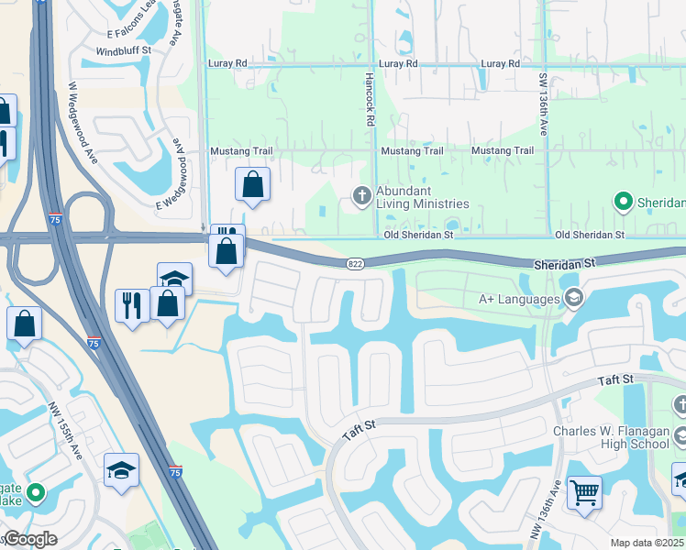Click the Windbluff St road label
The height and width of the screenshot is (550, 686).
coord(123,51)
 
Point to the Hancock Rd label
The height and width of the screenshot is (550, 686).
coord(370,100)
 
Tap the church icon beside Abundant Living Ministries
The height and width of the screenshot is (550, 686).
coord(361,194)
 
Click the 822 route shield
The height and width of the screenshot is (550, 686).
coord(355,264)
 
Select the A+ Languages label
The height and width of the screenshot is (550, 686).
coord(520,298)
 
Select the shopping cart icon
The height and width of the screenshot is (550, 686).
coord(584,493)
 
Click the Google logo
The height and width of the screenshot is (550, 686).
coord(29,539)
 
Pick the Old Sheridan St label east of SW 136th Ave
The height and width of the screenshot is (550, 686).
coord(590,235)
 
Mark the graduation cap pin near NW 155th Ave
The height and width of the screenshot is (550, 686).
coord(121,470)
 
